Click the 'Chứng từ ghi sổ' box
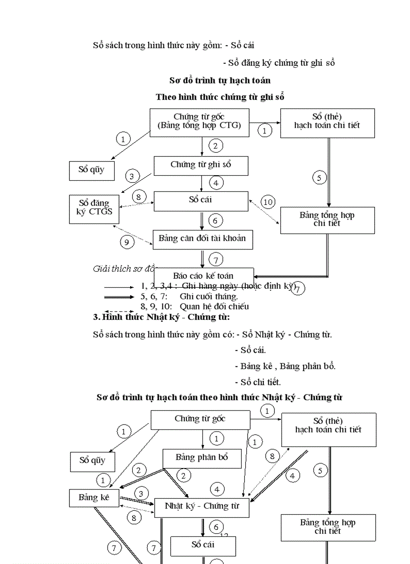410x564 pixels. pos(200,165)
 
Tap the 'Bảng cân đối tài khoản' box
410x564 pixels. pos(202,239)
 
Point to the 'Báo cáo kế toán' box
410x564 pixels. pos(203,276)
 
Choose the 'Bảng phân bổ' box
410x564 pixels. pos(201,458)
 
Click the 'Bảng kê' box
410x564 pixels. pos(93,498)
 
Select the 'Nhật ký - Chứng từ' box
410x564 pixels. pos(202,506)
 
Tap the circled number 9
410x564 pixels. pos(127,242)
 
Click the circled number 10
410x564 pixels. pos(268,202)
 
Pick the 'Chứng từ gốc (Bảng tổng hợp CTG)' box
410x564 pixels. pos(199,122)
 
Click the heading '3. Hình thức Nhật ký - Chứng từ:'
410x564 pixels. pos(161,317)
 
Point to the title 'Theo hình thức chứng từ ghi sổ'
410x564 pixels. pos(220,97)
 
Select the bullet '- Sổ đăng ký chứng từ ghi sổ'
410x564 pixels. pos(279,63)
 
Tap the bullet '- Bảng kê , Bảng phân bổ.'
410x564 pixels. pos(285,366)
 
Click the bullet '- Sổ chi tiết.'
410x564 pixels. pos(258,382)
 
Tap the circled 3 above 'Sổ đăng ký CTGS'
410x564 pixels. pos(132,176)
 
